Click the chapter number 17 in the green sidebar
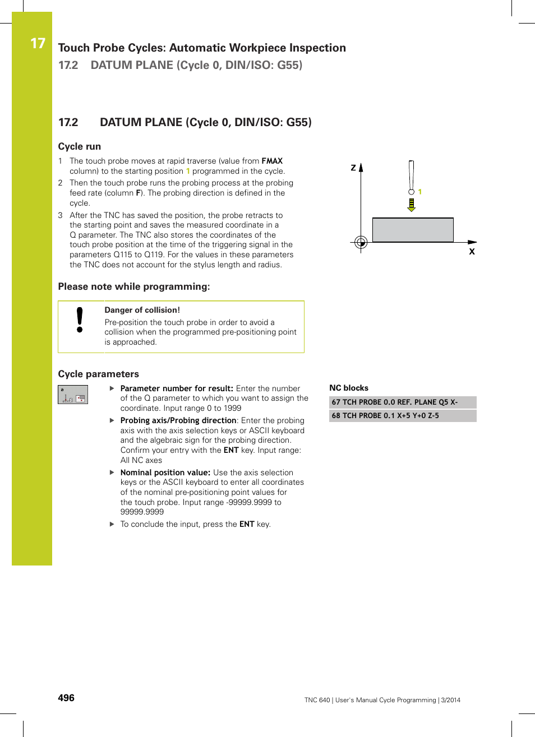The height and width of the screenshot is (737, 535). (x=38, y=43)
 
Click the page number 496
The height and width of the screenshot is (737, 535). (x=66, y=698)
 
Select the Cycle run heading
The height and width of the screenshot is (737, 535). (x=80, y=146)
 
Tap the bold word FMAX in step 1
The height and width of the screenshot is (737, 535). (x=272, y=161)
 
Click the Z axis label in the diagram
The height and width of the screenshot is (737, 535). (x=353, y=168)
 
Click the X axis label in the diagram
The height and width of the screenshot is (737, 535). (x=472, y=252)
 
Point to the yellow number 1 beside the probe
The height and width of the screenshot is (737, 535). (x=420, y=192)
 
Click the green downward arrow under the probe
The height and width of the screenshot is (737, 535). (x=412, y=205)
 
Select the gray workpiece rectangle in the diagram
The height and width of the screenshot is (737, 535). (x=413, y=230)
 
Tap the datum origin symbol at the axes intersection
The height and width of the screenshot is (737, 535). (x=361, y=242)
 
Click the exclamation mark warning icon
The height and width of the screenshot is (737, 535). (x=80, y=320)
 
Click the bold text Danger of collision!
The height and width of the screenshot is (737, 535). (x=142, y=310)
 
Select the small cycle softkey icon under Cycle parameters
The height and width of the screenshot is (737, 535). (x=73, y=395)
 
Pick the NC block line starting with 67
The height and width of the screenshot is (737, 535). (x=395, y=402)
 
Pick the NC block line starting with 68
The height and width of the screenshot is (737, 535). (x=385, y=416)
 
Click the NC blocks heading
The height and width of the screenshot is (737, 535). (x=349, y=388)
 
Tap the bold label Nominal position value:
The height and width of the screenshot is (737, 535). (x=165, y=472)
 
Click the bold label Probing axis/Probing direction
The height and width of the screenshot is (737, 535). (x=178, y=420)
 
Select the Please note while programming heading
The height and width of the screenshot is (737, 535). (x=134, y=286)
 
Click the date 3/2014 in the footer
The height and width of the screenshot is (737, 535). (x=450, y=700)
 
